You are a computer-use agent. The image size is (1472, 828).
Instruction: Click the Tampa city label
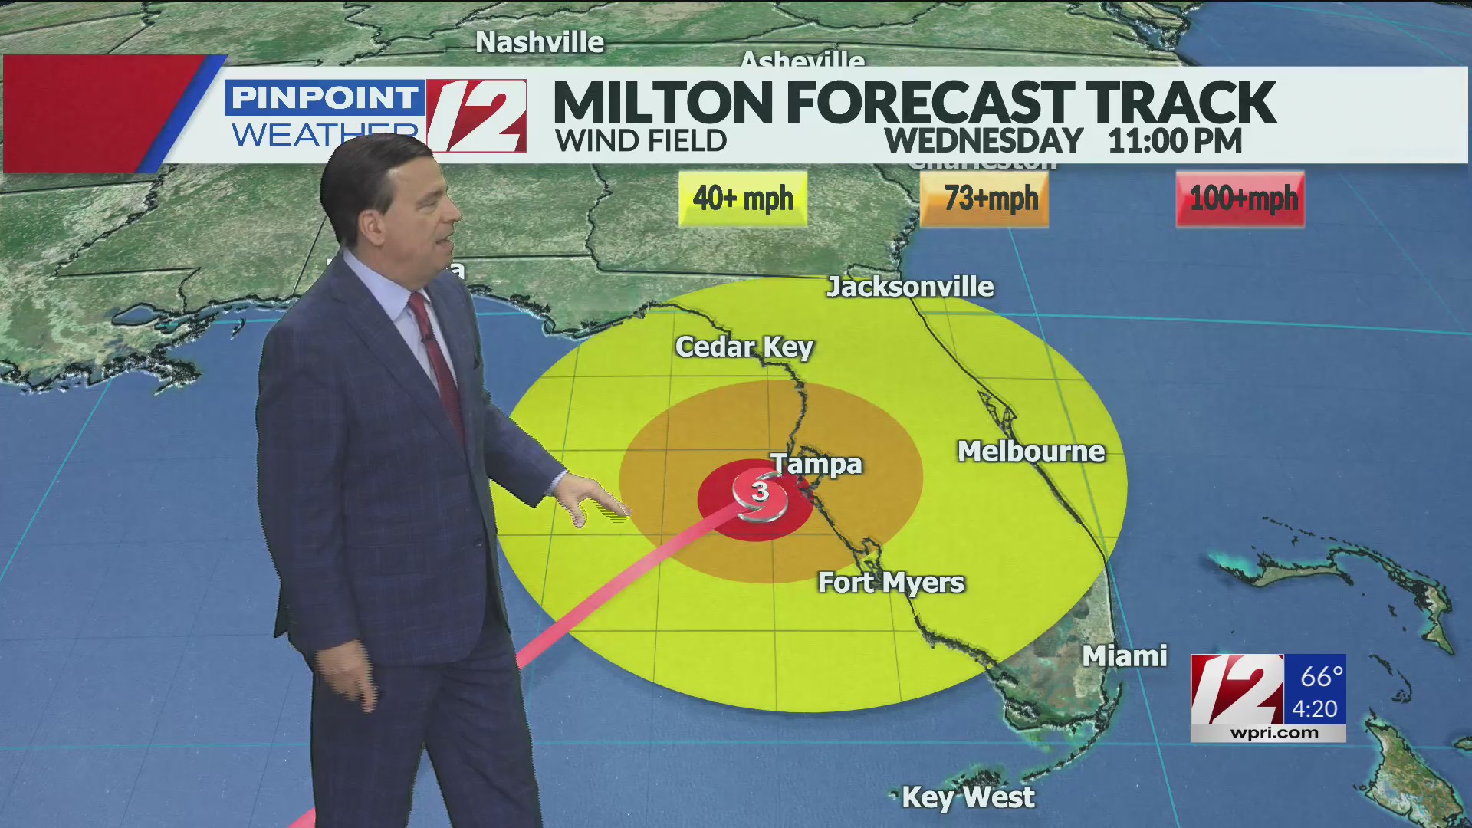click(816, 464)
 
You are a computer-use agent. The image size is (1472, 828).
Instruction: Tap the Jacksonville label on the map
click(910, 287)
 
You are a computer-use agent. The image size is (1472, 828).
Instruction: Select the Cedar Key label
click(744, 347)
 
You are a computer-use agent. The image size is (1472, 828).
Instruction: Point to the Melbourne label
click(1031, 452)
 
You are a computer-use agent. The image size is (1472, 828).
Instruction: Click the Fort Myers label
click(891, 583)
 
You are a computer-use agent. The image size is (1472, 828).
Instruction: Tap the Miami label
click(1124, 656)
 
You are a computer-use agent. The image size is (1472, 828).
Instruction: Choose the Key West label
click(968, 797)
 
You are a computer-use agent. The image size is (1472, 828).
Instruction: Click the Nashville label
click(540, 42)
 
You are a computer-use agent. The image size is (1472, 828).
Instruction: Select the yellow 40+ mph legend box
click(742, 199)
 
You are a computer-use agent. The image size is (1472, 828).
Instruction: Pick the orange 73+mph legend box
click(984, 199)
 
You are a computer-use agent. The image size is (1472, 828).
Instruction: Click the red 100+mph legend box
click(1240, 199)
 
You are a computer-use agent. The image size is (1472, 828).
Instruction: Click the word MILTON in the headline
click(663, 102)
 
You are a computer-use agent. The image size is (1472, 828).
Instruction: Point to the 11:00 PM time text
click(1175, 141)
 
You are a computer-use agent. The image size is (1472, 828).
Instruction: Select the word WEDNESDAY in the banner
click(984, 141)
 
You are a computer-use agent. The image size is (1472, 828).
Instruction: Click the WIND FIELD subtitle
click(641, 141)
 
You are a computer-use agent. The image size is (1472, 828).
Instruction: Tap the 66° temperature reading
click(1321, 676)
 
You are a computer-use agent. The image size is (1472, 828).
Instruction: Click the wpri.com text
click(1274, 733)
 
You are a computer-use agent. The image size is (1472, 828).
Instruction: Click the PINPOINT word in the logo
click(324, 98)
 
